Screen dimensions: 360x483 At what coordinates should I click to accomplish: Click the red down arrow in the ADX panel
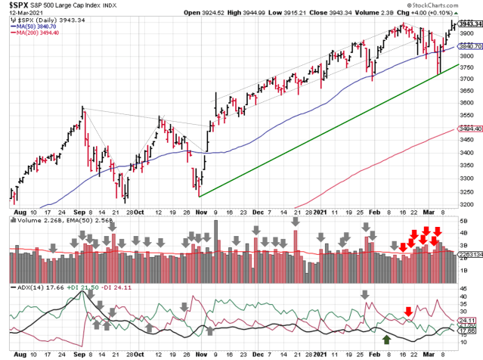(x=408, y=311)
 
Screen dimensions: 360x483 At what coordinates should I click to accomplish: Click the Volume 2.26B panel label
(x=32, y=222)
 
